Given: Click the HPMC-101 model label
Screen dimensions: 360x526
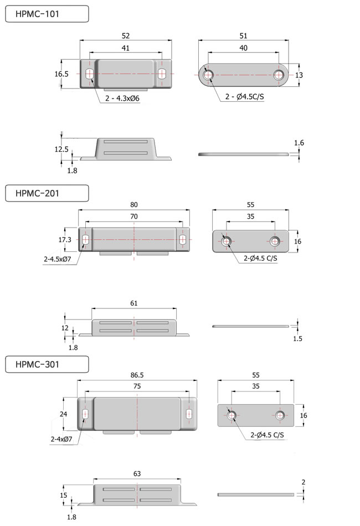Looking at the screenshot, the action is (x=37, y=14).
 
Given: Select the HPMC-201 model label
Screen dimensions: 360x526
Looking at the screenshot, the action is (x=37, y=194).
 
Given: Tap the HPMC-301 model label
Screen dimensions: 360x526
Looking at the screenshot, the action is (x=37, y=365).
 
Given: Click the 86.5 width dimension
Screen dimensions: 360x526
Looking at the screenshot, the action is (x=137, y=375).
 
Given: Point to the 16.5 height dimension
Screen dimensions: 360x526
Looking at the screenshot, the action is (x=61, y=74).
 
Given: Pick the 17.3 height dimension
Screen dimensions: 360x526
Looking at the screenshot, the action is (x=65, y=240).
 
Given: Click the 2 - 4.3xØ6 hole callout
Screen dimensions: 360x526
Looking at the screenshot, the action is (x=122, y=99).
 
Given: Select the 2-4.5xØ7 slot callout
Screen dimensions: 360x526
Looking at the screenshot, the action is (x=58, y=259).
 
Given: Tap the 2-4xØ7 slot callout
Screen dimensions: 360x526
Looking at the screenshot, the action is (x=61, y=439).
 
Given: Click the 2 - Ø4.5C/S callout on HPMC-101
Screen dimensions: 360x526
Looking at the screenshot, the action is (x=245, y=96).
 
